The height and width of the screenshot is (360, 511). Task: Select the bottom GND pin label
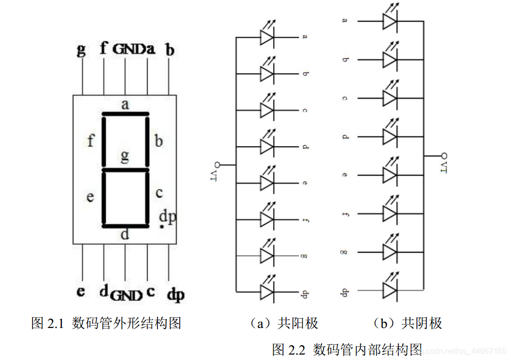tap(127, 295)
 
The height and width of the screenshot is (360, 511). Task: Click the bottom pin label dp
tap(175, 295)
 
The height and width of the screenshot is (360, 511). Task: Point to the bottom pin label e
tap(81, 291)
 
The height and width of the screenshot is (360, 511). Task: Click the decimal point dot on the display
tap(162, 227)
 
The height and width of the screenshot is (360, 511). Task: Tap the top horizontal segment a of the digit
tap(125, 114)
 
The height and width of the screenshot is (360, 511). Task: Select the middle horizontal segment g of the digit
tap(125, 170)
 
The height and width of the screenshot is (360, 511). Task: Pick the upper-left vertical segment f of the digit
tap(104, 142)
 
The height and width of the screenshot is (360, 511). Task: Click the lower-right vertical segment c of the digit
tap(147, 198)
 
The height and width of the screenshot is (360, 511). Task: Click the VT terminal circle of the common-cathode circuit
tap(443, 155)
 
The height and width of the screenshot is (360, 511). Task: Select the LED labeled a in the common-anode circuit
tap(266, 37)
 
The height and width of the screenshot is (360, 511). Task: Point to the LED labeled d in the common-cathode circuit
tap(389, 136)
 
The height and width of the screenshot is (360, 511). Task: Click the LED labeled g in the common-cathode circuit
tap(389, 252)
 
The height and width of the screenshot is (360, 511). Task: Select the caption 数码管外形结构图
tap(127, 323)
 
